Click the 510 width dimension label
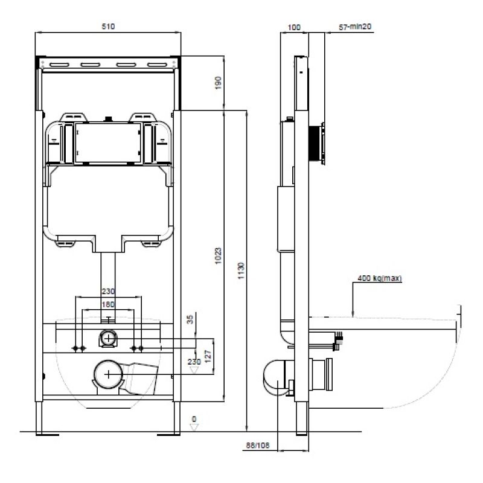pos(108,27)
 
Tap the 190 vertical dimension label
pos(218,83)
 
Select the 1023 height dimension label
pos(218,255)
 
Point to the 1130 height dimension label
pos(241,270)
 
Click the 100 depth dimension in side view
pos(294,27)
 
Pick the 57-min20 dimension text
pos(355,27)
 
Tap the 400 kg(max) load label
pos(380,278)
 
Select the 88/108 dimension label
pos(258,446)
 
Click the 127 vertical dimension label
pos(208,356)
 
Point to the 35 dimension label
pos(190,319)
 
